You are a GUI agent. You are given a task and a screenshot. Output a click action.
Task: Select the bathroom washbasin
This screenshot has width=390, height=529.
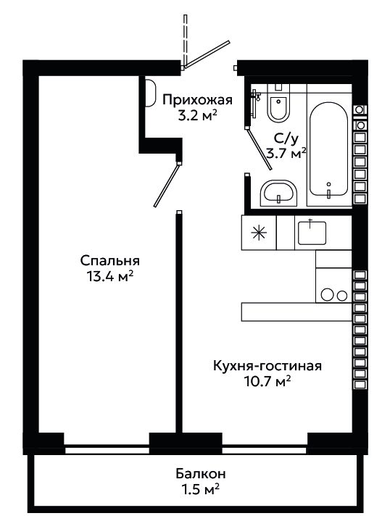coord(278,193)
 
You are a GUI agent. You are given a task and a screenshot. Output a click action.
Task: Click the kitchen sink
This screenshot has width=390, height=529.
coord(312,233)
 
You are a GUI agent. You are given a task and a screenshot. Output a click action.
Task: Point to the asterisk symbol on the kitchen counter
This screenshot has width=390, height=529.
coord(259,233)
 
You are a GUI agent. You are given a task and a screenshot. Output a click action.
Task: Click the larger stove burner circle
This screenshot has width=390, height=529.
coord(327,294)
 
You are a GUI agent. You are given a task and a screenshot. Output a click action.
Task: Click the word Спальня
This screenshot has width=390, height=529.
coord(110,261)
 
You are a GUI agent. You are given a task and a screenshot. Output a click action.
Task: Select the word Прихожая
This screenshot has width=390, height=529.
coord(198,101)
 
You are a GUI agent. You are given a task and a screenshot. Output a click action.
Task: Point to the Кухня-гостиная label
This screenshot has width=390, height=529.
coord(267,366)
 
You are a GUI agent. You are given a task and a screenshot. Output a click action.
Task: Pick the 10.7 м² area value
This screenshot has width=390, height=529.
coord(267,382)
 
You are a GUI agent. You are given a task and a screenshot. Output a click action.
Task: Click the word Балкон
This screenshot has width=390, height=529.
coord(200,474)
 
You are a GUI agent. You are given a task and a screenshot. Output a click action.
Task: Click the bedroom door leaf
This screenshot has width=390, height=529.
coord(166,185)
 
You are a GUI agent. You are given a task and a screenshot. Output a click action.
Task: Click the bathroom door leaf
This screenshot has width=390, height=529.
coord(259,149)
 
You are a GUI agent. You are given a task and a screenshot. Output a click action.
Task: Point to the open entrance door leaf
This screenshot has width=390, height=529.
coord(206,54)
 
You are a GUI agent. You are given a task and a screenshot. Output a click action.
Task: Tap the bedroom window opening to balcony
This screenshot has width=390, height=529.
coord(107,451)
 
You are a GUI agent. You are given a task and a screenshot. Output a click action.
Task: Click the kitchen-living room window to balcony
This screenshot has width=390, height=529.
coord(265,451)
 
